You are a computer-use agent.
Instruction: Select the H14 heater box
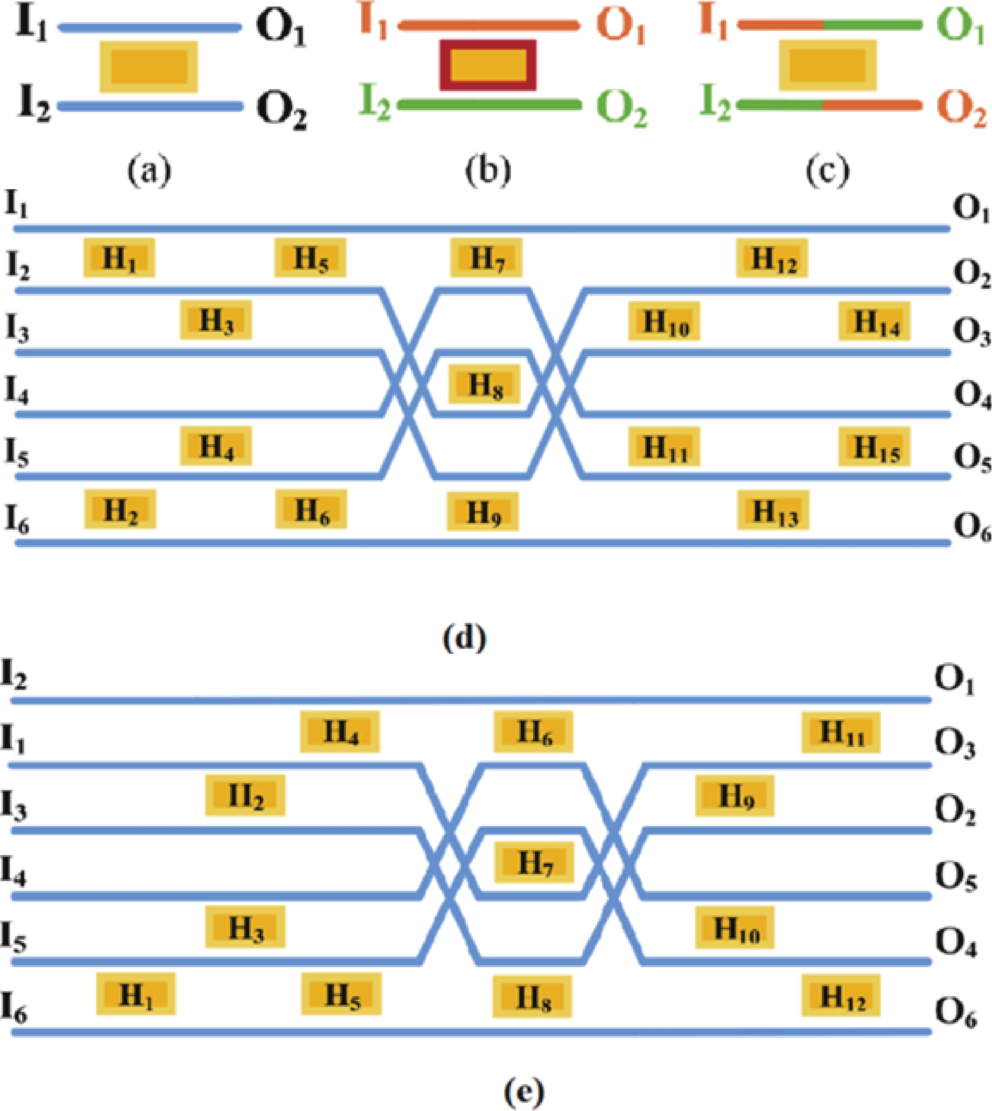click(874, 321)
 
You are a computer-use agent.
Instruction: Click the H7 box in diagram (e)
click(534, 862)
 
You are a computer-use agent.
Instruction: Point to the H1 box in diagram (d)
click(119, 257)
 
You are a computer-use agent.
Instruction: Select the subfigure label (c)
click(827, 171)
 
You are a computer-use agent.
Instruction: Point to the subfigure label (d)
click(464, 638)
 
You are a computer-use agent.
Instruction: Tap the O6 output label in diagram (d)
click(971, 527)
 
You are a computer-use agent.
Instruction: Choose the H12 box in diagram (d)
click(772, 257)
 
